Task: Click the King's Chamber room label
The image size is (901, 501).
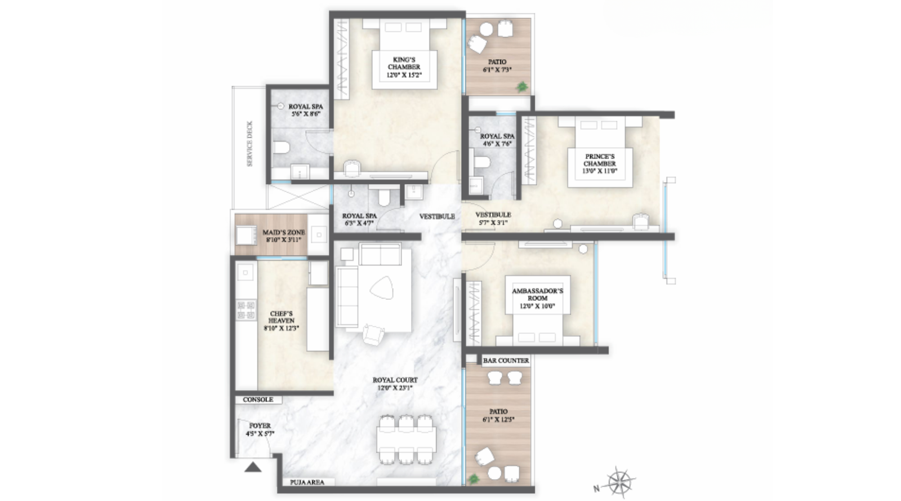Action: pyautogui.click(x=404, y=63)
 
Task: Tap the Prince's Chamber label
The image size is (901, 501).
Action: pyautogui.click(x=599, y=160)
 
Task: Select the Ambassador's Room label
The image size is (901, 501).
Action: pyautogui.click(x=537, y=294)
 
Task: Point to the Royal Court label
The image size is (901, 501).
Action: pyautogui.click(x=395, y=380)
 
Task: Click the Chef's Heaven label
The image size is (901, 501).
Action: pyautogui.click(x=281, y=317)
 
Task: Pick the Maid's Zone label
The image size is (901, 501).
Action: pyautogui.click(x=284, y=232)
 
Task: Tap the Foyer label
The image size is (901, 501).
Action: pyautogui.click(x=260, y=426)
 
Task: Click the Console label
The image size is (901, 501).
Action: pyautogui.click(x=258, y=400)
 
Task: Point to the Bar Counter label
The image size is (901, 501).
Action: pyautogui.click(x=506, y=361)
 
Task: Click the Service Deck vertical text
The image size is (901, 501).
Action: pyautogui.click(x=249, y=144)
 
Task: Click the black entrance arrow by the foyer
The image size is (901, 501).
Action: pyautogui.click(x=253, y=467)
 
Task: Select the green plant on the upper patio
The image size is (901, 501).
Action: pyautogui.click(x=523, y=86)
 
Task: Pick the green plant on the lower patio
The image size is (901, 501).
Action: pyautogui.click(x=474, y=478)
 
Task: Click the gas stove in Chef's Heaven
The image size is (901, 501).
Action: pyautogui.click(x=246, y=309)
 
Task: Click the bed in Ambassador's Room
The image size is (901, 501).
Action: pyautogui.click(x=537, y=327)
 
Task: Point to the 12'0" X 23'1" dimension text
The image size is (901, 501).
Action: pyautogui.click(x=395, y=388)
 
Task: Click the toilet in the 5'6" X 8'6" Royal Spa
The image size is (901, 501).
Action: pyautogui.click(x=282, y=148)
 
